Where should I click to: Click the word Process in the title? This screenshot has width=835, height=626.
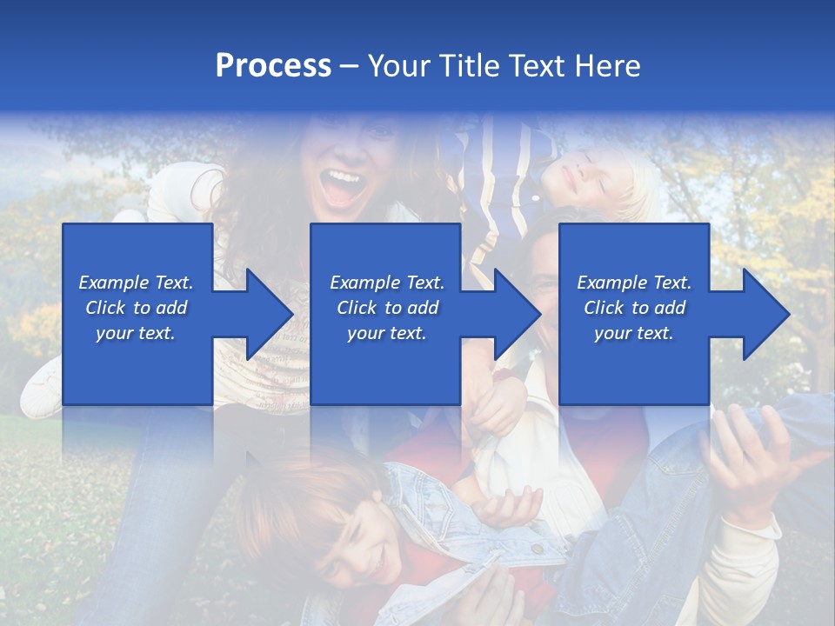pyautogui.click(x=273, y=66)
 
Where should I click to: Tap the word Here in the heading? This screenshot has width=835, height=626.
pyautogui.click(x=607, y=66)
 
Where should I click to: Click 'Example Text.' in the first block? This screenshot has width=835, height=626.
pyautogui.click(x=136, y=283)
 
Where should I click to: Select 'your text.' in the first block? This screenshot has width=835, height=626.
pyautogui.click(x=136, y=333)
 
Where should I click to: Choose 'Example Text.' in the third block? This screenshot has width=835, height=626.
pyautogui.click(x=634, y=283)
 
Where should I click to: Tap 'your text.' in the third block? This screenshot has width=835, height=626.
pyautogui.click(x=634, y=333)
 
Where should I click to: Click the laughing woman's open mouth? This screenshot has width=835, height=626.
pyautogui.click(x=343, y=186)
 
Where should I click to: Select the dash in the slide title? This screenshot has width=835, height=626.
pyautogui.click(x=349, y=66)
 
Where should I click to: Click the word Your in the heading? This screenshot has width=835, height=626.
pyautogui.click(x=397, y=66)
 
